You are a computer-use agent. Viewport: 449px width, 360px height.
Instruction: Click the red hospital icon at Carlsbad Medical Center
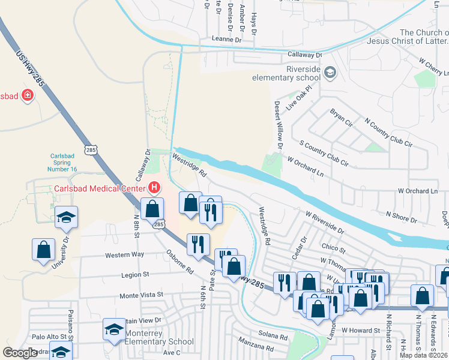point(154,188)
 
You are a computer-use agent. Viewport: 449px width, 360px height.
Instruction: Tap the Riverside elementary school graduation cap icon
point(330,73)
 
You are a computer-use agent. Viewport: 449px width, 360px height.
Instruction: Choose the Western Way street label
point(125,255)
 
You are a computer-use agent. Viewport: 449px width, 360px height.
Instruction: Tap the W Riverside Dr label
point(324,221)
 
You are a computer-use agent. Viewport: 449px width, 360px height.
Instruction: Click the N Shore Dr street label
point(402,217)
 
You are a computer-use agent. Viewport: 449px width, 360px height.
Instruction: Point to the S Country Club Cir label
point(324,154)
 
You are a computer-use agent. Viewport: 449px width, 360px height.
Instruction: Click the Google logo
point(20,353)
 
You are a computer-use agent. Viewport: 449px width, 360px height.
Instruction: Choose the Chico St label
point(334,248)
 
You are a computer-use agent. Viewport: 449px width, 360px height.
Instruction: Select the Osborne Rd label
point(180,262)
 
